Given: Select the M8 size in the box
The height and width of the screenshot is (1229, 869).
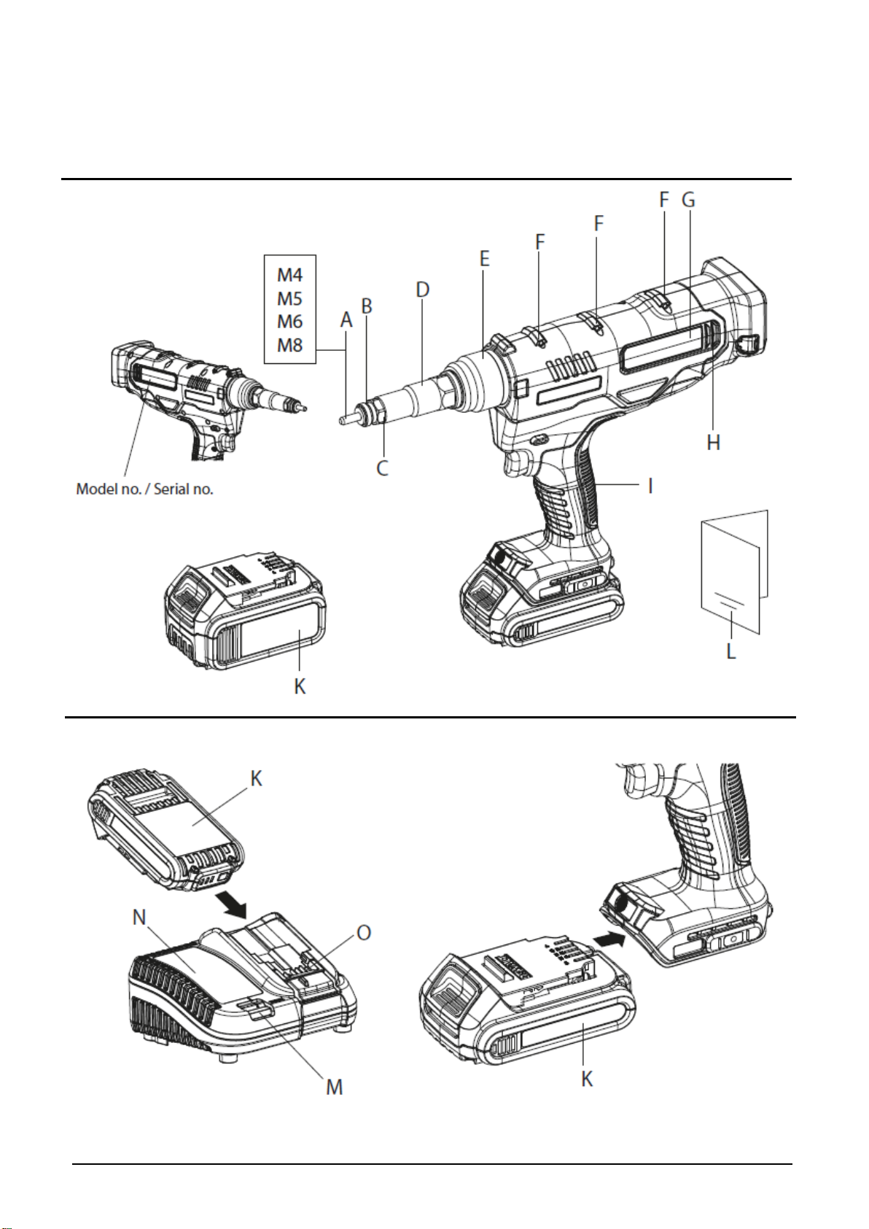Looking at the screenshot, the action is pyautogui.click(x=289, y=345).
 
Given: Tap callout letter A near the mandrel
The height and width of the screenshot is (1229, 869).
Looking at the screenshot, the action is pyautogui.click(x=346, y=320).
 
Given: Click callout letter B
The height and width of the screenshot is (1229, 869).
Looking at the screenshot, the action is pyautogui.click(x=367, y=306).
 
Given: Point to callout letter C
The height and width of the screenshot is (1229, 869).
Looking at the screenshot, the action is pyautogui.click(x=383, y=468).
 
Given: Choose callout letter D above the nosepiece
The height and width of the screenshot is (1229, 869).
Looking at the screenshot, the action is pyautogui.click(x=422, y=290).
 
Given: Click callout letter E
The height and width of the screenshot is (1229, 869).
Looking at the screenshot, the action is pyautogui.click(x=484, y=258).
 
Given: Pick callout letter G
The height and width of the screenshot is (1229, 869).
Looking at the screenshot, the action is pyautogui.click(x=689, y=199).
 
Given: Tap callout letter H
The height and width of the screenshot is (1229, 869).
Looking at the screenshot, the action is pyautogui.click(x=713, y=442).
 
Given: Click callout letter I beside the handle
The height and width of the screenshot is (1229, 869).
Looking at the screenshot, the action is pyautogui.click(x=651, y=486).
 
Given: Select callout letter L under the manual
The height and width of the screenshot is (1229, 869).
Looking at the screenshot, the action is pyautogui.click(x=731, y=651).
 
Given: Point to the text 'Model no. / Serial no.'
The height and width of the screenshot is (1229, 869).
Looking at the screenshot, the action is pyautogui.click(x=144, y=489).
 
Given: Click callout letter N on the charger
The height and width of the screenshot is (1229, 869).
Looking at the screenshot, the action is pyautogui.click(x=140, y=917).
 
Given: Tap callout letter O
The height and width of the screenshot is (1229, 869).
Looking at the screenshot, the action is pyautogui.click(x=364, y=932).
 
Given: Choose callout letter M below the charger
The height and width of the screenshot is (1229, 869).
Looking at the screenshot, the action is pyautogui.click(x=335, y=1086).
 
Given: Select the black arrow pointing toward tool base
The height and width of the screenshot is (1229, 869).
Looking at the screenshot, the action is pyautogui.click(x=609, y=940).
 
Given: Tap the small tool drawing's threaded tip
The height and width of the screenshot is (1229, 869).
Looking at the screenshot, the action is pyautogui.click(x=302, y=406).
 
